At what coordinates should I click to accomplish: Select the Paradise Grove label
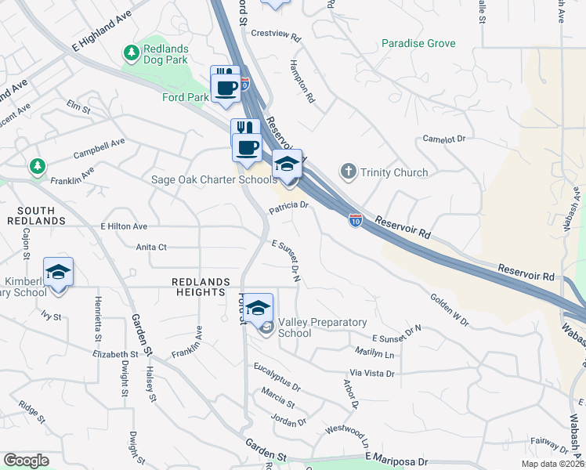pos(418,43)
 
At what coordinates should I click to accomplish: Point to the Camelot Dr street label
pos(444,139)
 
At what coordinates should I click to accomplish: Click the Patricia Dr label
pos(290,208)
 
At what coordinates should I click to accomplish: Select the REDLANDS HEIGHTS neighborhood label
pos(202,287)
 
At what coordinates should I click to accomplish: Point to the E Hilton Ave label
pos(124,226)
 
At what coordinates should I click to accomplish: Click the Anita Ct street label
pos(151,247)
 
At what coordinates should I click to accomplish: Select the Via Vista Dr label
pos(372,374)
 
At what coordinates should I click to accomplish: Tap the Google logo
pos(27,460)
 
